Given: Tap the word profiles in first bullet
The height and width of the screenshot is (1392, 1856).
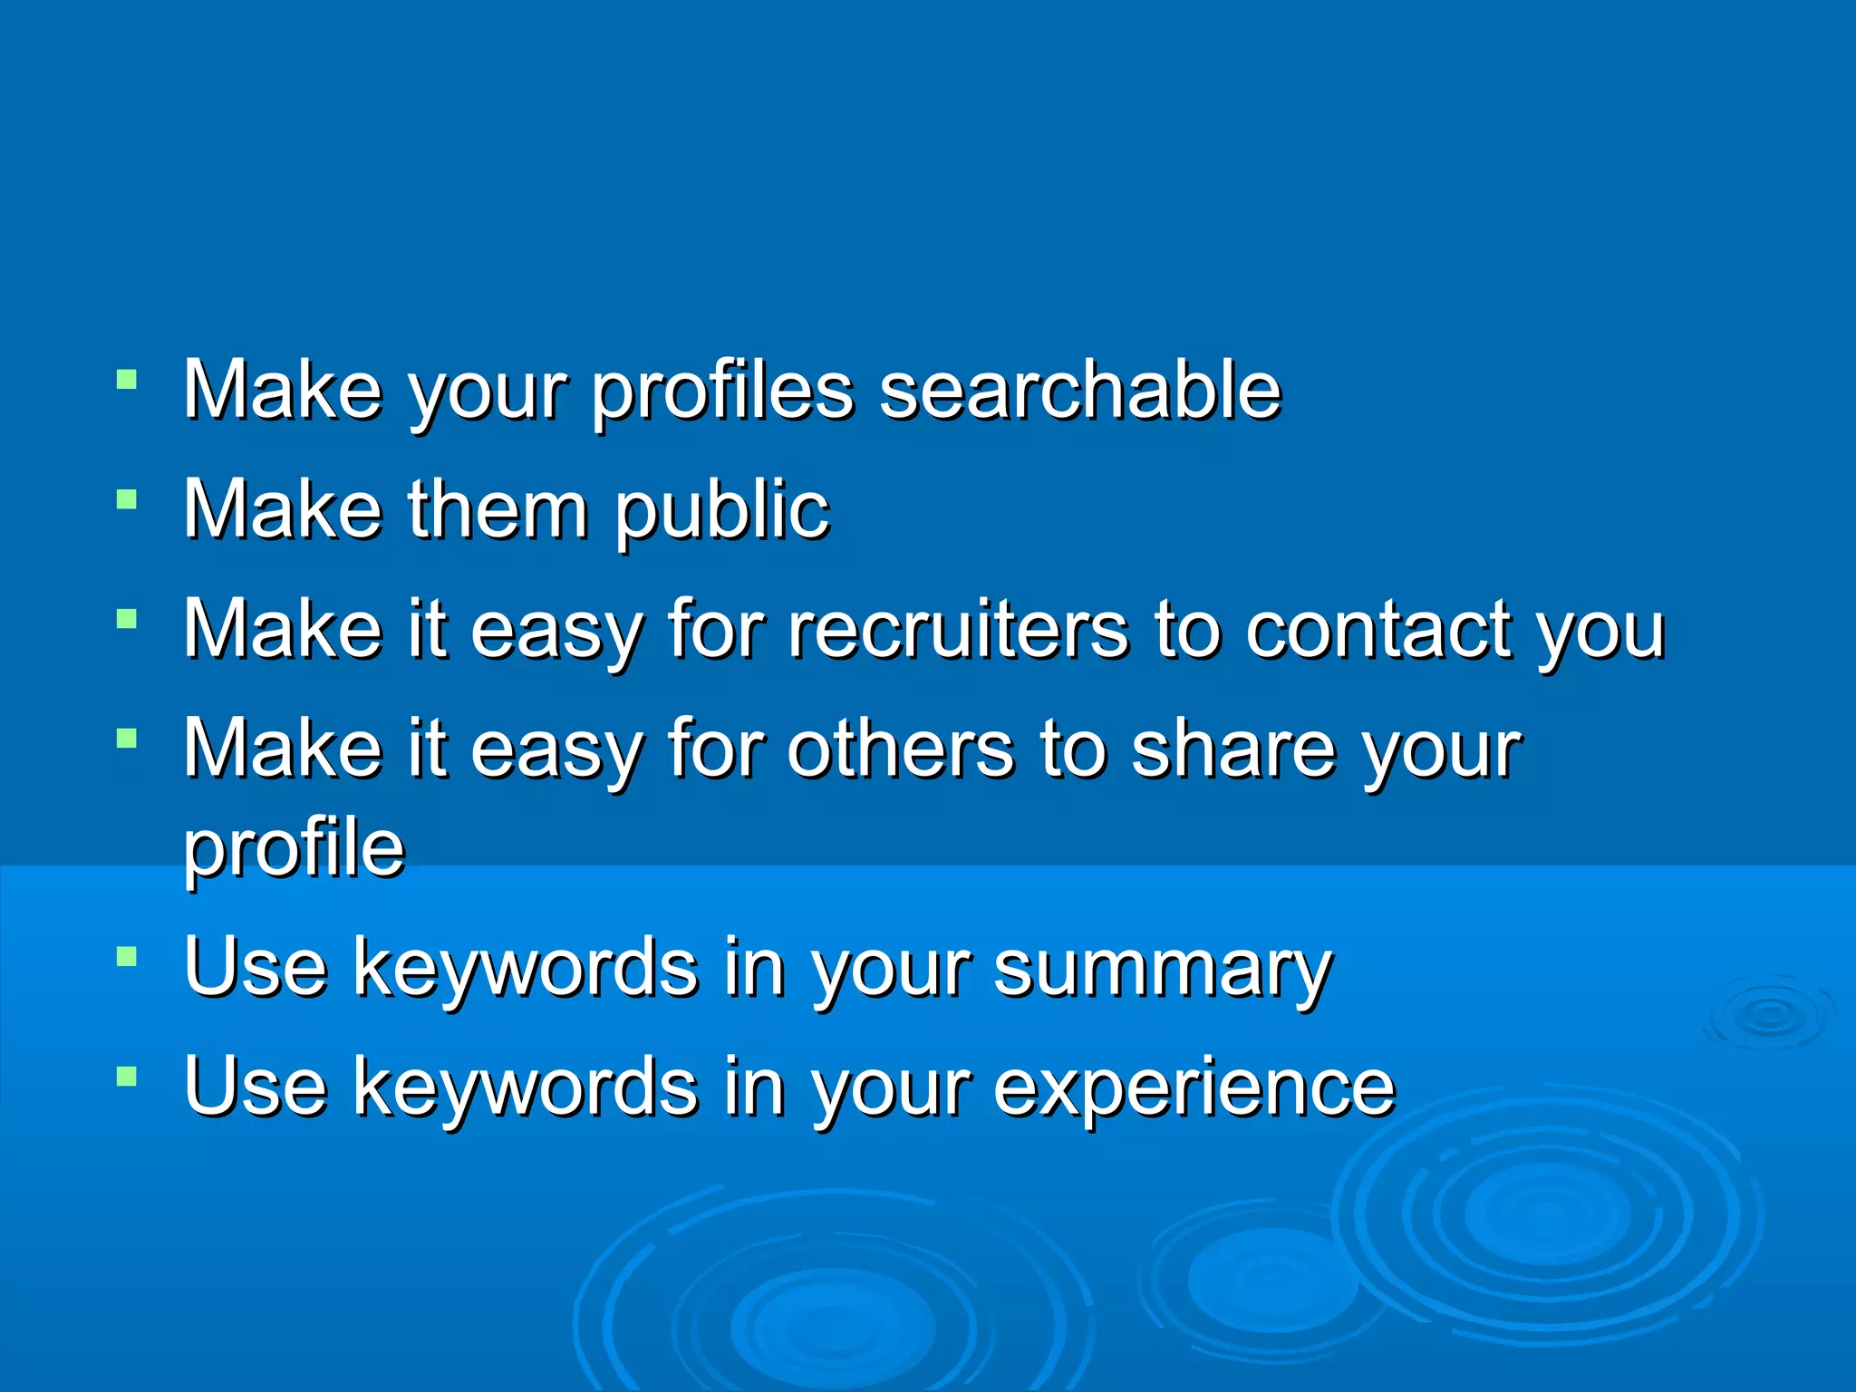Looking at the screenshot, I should pos(722,391).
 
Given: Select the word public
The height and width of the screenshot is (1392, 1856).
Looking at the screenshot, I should pos(722,511).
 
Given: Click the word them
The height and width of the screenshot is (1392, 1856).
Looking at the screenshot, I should pos(498,509).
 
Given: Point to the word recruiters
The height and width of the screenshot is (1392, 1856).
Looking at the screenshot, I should pos(958,629).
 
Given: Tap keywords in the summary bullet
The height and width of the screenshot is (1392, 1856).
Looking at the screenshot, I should pos(526,968).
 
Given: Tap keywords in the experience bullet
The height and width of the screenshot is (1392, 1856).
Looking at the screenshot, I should pos(526,1087).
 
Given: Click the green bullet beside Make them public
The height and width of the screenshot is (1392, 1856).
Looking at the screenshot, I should pos(127,499).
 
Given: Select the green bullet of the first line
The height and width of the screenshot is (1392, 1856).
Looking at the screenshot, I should pos(127,380).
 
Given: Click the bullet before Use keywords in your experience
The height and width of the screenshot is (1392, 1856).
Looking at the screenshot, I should pos(127,1077).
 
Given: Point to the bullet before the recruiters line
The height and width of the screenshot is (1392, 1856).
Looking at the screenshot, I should pos(127,619).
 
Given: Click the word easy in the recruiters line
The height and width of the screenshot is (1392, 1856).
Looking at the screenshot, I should pos(556,631).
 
